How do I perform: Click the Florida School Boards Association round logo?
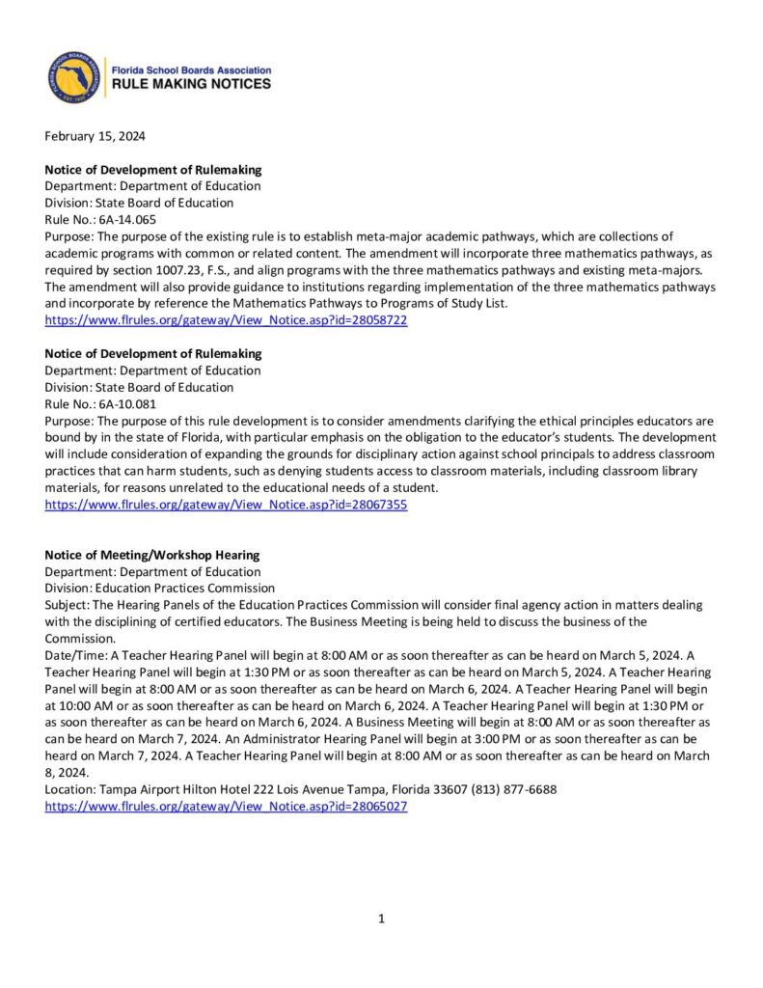(x=74, y=78)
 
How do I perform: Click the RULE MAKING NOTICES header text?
(x=192, y=85)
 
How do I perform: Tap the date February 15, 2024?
(x=95, y=136)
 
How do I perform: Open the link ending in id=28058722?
(x=226, y=320)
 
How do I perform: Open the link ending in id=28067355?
(x=226, y=505)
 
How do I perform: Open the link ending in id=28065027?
(x=226, y=806)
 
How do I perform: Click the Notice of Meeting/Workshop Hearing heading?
(x=152, y=555)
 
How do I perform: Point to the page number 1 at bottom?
(x=381, y=919)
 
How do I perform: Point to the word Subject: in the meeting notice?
(x=68, y=605)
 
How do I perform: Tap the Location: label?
(x=70, y=789)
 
